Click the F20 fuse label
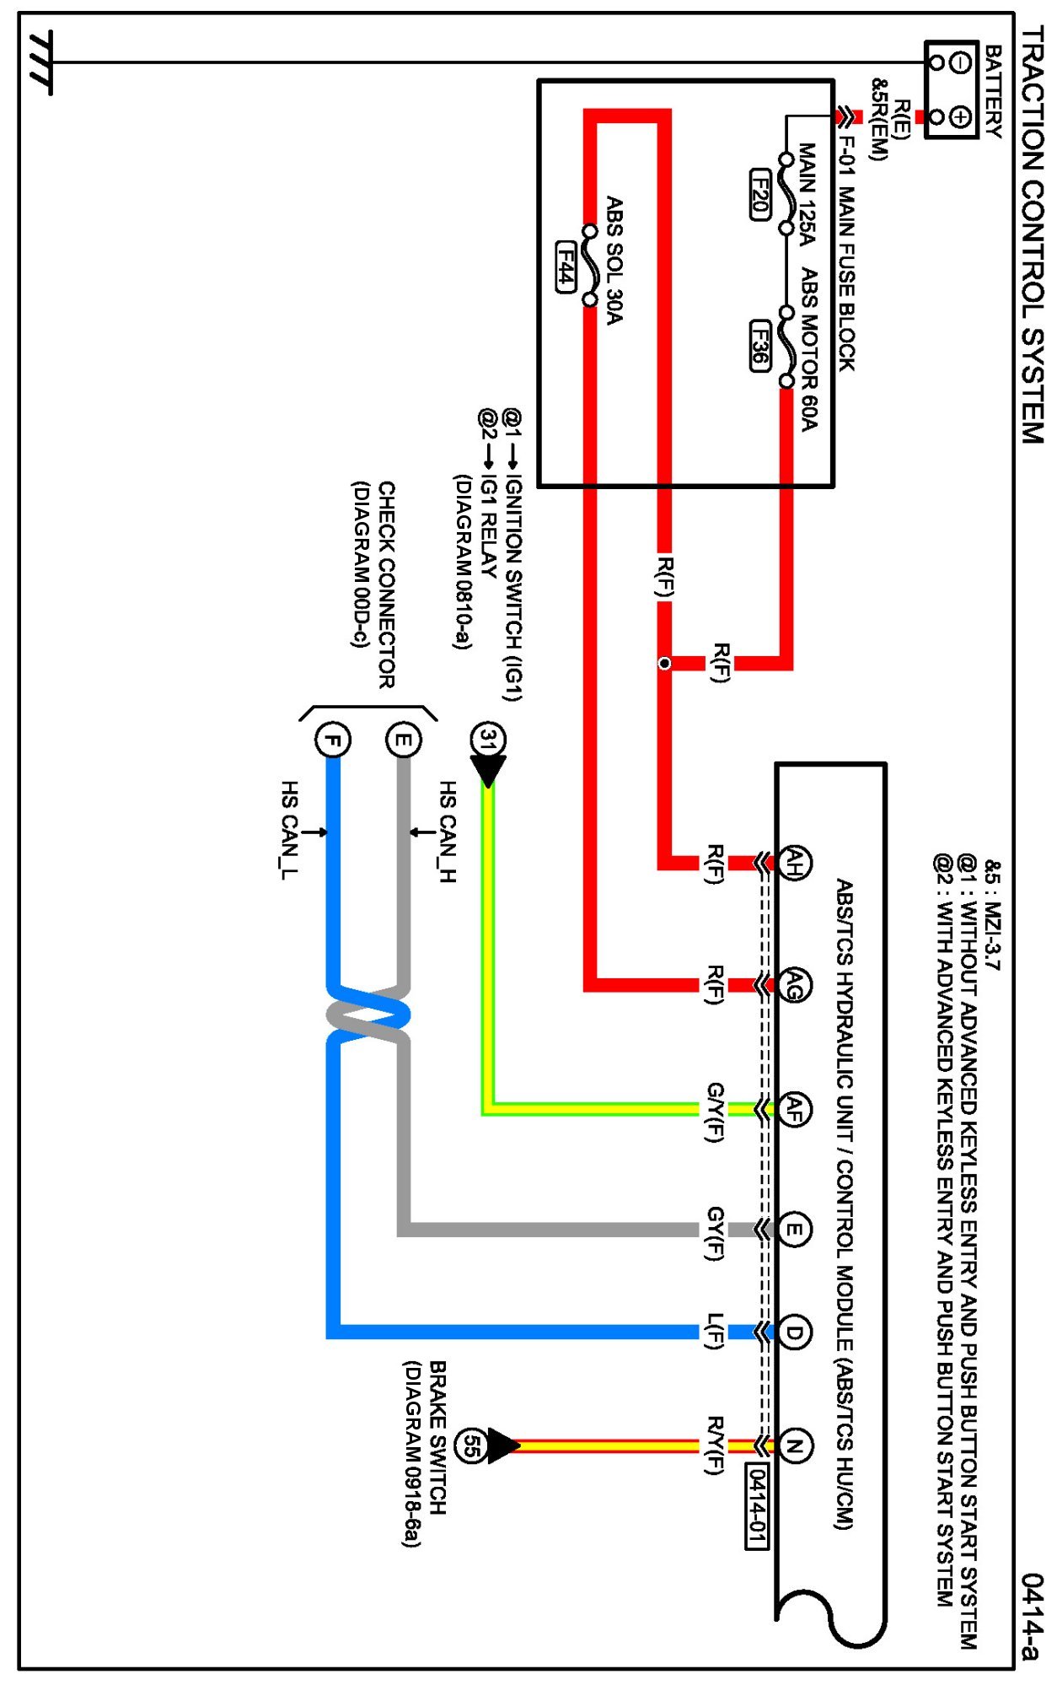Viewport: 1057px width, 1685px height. coord(759,195)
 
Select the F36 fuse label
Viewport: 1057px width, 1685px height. coord(759,345)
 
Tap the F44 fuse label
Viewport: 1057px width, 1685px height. coord(566,267)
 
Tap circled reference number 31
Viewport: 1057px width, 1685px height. coord(488,740)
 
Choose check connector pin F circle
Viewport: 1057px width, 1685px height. coord(333,740)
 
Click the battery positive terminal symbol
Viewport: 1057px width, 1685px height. coord(960,116)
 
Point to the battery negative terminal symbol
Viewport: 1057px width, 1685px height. coord(960,62)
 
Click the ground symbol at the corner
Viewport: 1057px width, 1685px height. coord(40,62)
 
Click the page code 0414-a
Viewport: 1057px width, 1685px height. coord(1032,1616)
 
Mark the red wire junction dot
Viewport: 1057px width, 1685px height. coord(664,664)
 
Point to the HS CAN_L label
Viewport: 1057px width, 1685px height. coord(288,831)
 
